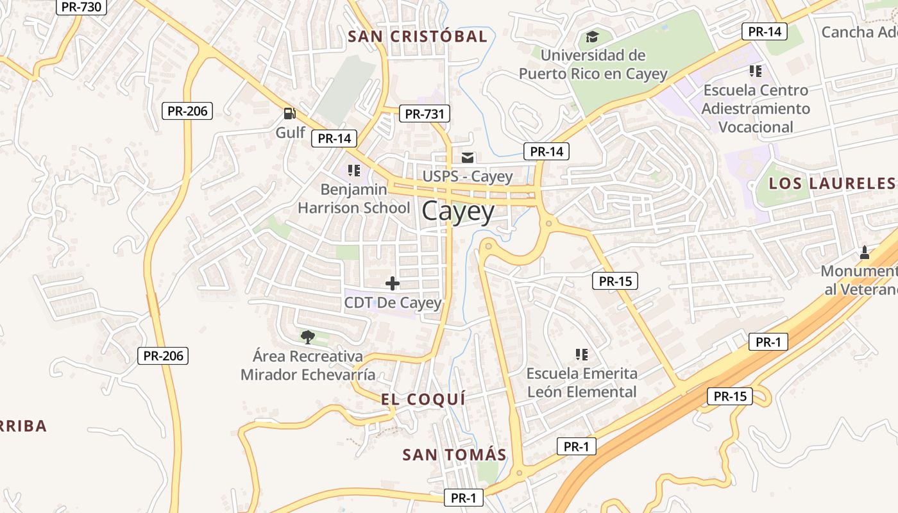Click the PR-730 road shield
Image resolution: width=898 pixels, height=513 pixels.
click(81, 6)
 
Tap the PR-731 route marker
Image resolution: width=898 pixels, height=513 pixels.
click(424, 114)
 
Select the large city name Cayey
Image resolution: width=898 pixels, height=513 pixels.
click(458, 212)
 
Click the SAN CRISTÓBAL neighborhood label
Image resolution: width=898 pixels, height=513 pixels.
click(418, 37)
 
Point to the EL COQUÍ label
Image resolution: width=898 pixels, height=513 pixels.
click(423, 399)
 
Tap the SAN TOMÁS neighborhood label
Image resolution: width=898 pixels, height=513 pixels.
click(454, 455)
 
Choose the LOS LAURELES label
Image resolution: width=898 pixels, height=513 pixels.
click(833, 183)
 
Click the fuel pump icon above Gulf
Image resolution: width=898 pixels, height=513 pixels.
click(290, 114)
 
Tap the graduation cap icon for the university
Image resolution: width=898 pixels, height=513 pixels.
click(592, 36)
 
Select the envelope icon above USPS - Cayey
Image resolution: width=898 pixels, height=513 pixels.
click(468, 157)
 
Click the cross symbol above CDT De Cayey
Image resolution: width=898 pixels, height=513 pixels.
click(393, 283)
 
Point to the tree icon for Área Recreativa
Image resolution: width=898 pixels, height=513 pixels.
click(308, 337)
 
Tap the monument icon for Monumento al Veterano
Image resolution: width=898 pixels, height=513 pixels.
click(864, 252)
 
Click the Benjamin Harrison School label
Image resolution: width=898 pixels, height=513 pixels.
click(353, 199)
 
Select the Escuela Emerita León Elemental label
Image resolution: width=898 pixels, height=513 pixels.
click(582, 383)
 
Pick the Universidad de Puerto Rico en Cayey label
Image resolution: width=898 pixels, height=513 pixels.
click(593, 65)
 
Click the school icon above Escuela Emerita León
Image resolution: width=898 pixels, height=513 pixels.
click(582, 354)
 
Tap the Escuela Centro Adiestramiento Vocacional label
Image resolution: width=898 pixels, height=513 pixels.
click(756, 108)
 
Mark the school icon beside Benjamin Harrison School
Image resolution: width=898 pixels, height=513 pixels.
click(353, 171)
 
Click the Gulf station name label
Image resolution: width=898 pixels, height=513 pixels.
click(290, 133)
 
